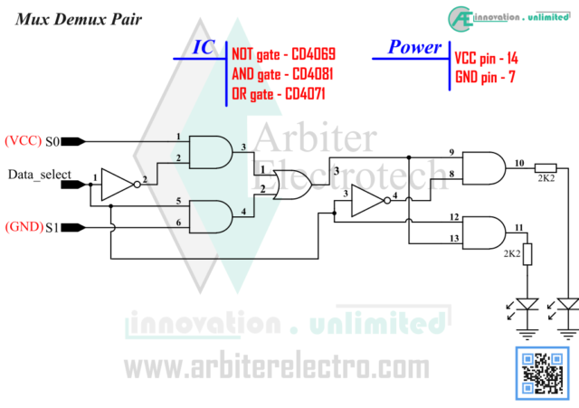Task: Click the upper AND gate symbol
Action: (x=210, y=151)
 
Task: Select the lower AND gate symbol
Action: (x=210, y=216)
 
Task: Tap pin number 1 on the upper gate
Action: (x=178, y=138)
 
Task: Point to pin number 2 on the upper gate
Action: (x=178, y=159)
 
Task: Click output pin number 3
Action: (x=243, y=147)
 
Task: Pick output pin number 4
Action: (x=243, y=212)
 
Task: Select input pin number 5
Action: (x=178, y=202)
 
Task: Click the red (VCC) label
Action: (x=23, y=141)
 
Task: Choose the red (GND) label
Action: (x=24, y=227)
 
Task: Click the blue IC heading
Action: (x=204, y=47)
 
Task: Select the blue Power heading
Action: (x=414, y=47)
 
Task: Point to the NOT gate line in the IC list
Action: (x=283, y=54)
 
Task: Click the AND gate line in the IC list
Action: (x=281, y=74)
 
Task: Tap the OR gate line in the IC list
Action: (x=278, y=94)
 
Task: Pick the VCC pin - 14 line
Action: (x=486, y=58)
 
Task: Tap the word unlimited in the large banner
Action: (x=377, y=323)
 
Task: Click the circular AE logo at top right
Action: (x=460, y=18)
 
